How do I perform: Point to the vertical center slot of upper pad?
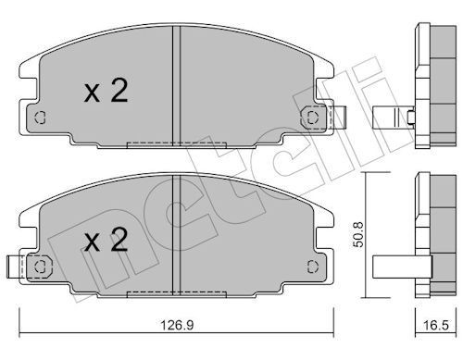[x=175, y=83]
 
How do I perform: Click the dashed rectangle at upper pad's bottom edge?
[x=175, y=143]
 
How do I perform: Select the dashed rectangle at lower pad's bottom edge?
[x=175, y=295]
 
